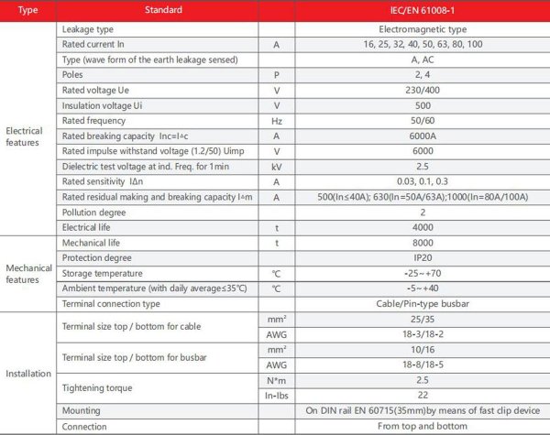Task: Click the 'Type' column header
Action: pos(27,11)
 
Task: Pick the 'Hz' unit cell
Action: pos(276,120)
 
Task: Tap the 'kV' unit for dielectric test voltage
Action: pos(276,167)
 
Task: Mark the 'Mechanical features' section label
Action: pos(28,273)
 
